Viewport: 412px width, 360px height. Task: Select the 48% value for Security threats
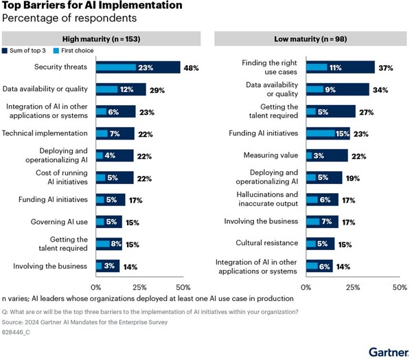(x=192, y=67)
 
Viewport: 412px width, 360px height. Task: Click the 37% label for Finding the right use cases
(x=387, y=67)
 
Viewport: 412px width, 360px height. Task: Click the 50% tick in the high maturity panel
(x=183, y=286)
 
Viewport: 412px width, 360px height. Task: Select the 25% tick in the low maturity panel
(x=353, y=286)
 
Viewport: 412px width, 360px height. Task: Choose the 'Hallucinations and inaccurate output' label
(x=265, y=199)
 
